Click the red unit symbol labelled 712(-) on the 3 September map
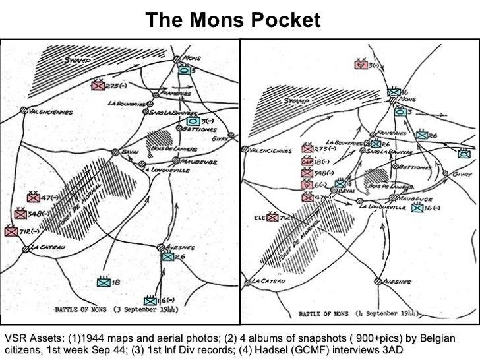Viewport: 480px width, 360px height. (11, 231)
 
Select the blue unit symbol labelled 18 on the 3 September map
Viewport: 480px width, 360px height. (103, 282)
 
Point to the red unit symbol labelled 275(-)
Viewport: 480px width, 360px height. (98, 84)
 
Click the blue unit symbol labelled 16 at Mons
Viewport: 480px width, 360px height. (394, 93)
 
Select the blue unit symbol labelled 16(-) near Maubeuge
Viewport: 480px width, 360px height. (417, 208)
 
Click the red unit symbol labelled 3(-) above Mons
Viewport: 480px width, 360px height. (361, 65)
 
